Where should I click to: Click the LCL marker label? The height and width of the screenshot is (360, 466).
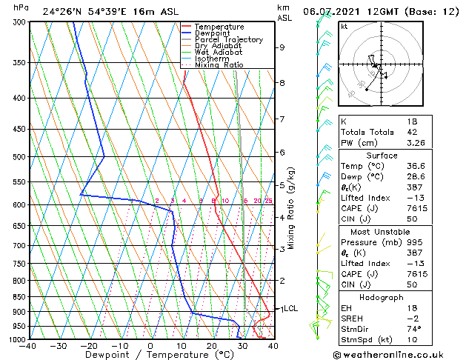pyautogui.click(x=290, y=309)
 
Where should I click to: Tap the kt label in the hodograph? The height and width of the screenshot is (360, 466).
pyautogui.click(x=344, y=26)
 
